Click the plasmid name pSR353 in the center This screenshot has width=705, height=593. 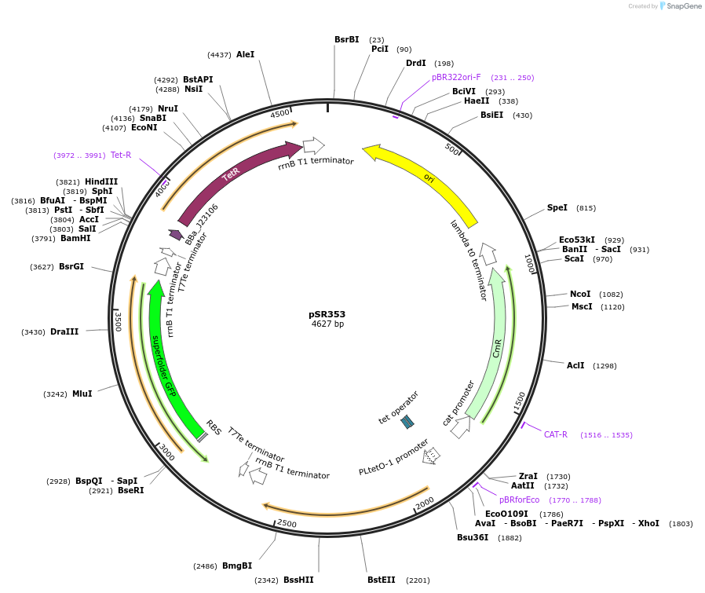(327, 313)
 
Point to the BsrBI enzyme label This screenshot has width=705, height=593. (346, 39)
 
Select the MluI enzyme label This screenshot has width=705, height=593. (82, 394)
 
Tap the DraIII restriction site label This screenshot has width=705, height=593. (64, 332)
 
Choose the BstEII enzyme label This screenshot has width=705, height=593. (382, 580)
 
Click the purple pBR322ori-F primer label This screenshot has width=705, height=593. (456, 78)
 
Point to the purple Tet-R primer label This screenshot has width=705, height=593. (121, 155)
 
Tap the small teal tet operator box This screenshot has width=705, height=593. (407, 422)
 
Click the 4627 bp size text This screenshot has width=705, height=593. (327, 324)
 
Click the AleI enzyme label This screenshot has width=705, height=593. (245, 55)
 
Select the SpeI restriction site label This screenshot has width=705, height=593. (557, 208)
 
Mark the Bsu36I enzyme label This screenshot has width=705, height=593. (473, 538)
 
